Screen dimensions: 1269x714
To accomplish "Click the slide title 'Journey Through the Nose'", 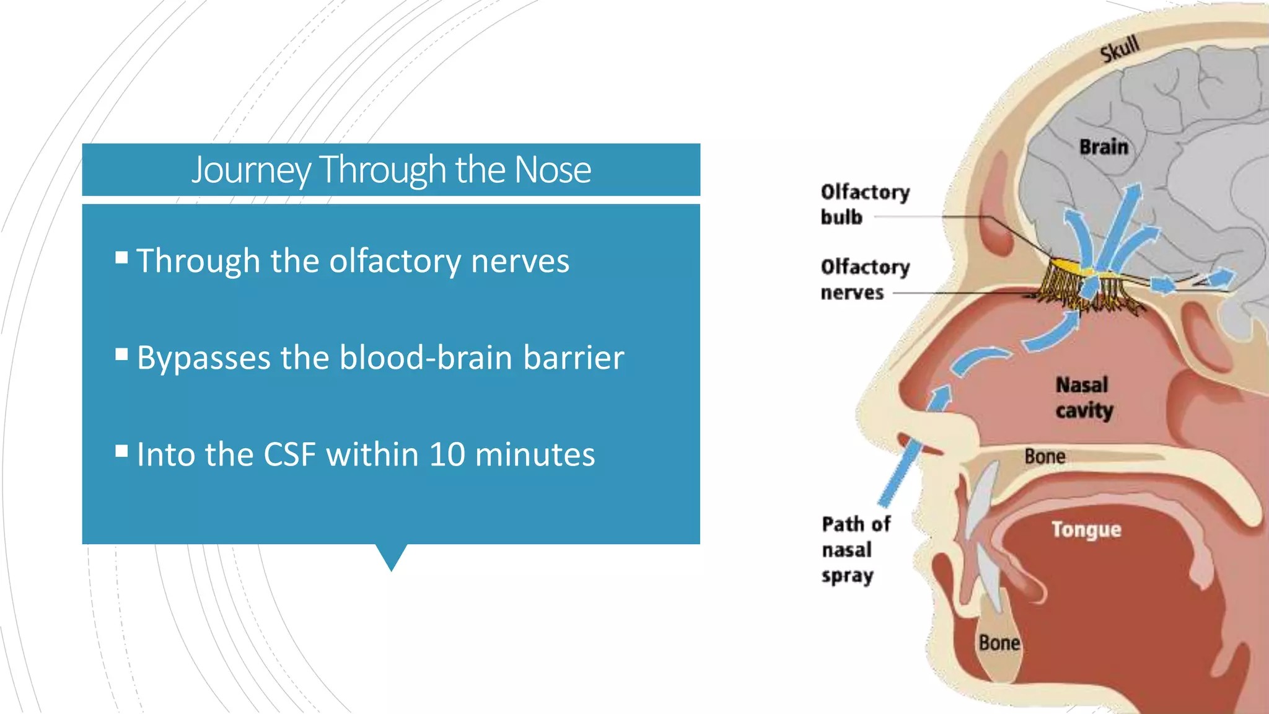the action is click(391, 169).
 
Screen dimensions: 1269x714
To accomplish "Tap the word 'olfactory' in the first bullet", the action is click(395, 261).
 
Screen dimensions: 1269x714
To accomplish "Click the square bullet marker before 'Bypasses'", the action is click(121, 354).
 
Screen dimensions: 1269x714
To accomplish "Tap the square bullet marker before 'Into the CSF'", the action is click(121, 451).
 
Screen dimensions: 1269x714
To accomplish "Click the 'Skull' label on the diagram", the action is click(1120, 49).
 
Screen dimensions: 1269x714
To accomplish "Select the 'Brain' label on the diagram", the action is click(1104, 147).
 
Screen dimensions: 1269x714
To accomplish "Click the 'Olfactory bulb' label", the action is click(865, 205).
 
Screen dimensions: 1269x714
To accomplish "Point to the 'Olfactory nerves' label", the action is click(865, 280).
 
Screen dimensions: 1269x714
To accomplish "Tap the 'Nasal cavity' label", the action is click(1084, 398).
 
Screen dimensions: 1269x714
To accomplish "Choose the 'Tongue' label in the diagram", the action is click(1086, 530).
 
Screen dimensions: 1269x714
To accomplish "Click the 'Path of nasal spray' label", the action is click(856, 550).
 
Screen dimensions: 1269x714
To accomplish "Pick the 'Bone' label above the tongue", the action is click(1045, 457).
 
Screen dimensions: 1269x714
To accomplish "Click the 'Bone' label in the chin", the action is click(999, 643).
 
